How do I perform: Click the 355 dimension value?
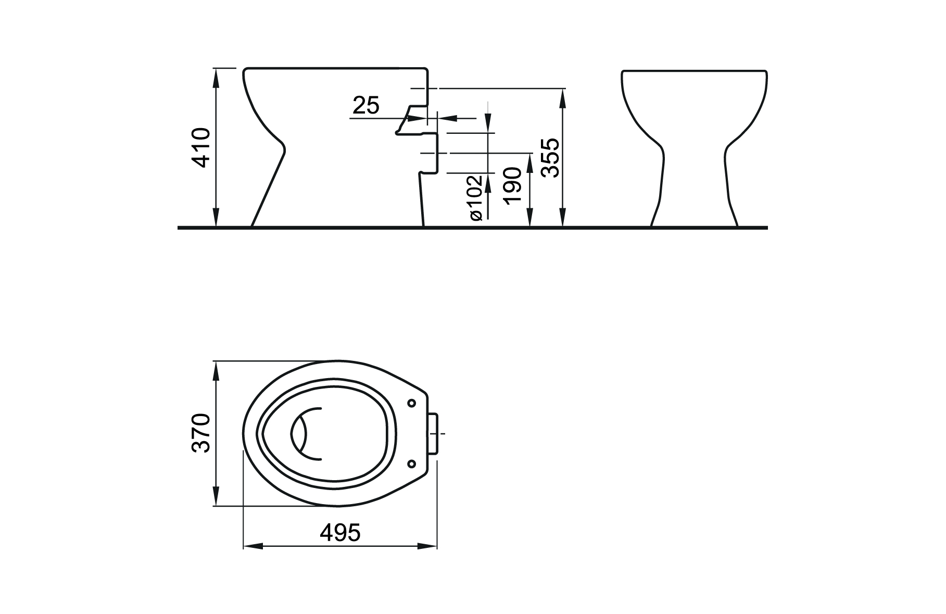pos(550,158)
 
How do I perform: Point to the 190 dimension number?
pos(513,186)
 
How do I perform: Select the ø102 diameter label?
pos(476,197)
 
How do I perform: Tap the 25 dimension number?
pos(366,106)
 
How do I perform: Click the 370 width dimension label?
pos(201,433)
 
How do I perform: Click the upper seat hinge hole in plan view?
pos(412,403)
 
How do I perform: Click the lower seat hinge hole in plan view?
pos(412,463)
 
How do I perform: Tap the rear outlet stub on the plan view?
pos(433,433)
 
